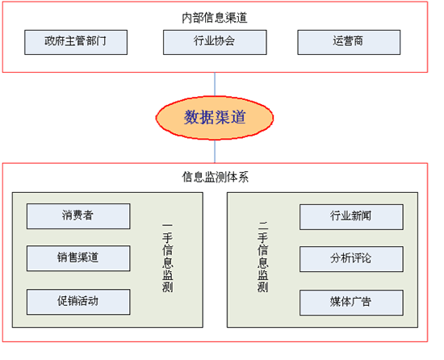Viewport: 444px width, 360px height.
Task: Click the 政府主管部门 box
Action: point(76,42)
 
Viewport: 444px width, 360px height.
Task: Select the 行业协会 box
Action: point(215,42)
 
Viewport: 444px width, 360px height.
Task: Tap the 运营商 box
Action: point(349,42)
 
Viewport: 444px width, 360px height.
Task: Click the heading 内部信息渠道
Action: point(215,18)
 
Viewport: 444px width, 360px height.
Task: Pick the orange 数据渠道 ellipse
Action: point(215,118)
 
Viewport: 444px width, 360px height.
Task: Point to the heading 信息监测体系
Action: point(216,177)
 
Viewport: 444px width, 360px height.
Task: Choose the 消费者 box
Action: point(78,216)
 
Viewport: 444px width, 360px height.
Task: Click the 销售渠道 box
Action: point(78,258)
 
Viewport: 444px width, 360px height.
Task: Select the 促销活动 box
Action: point(78,302)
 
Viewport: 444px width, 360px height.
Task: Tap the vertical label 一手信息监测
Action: point(168,257)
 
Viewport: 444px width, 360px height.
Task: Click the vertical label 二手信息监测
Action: point(262,257)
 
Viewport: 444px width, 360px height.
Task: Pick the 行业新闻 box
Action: point(351,217)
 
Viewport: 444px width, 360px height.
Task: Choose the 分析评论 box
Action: point(351,259)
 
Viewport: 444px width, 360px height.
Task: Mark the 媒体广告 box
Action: point(351,303)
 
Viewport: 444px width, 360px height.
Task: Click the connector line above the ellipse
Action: point(215,84)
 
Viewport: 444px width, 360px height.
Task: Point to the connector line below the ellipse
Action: point(215,152)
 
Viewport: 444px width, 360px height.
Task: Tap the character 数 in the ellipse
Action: point(191,117)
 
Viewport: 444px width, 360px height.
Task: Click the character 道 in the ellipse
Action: point(238,117)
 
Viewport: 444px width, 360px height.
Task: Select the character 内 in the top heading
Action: point(187,18)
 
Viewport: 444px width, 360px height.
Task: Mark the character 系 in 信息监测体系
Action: point(244,177)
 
